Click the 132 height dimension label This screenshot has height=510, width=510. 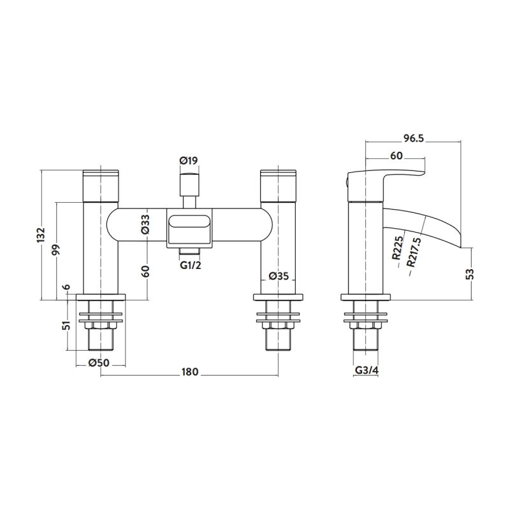(41, 235)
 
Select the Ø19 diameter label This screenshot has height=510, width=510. (189, 161)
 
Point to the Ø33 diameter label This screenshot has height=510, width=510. (145, 224)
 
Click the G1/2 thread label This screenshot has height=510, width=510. (191, 265)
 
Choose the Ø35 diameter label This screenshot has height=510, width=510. (279, 276)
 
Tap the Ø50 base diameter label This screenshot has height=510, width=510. (99, 362)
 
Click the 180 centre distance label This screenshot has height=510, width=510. (189, 372)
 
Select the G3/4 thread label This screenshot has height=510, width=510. (365, 370)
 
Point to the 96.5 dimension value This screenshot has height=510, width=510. (414, 138)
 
